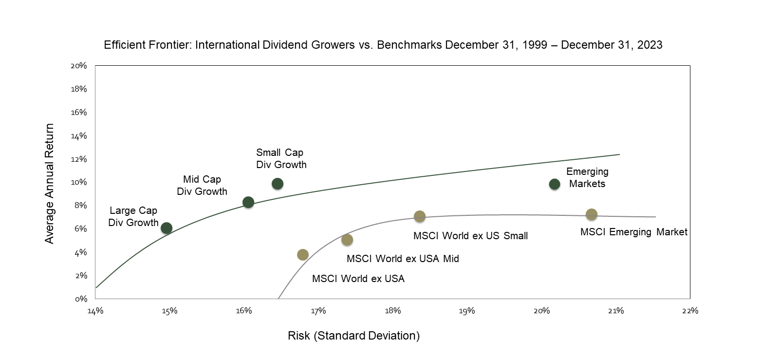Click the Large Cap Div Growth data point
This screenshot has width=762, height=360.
pos(167,228)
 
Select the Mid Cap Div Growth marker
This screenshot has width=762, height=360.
pos(248,202)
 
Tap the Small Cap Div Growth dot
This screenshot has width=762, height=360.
pos(278,184)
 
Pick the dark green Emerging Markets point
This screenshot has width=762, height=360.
pos(555,184)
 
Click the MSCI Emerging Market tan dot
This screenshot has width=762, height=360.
pos(592,214)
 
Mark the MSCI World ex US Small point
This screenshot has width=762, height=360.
pos(420,216)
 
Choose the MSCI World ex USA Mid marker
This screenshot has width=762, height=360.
pos(347,240)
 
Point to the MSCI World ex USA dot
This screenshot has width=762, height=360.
pos(303,255)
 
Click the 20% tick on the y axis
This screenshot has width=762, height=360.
pos(79,66)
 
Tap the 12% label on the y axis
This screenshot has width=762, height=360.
pos(79,159)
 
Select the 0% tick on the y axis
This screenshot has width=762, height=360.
pos(80,299)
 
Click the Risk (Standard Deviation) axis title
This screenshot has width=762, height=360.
pos(353,336)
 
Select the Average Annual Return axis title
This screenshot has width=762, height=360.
pos(49,183)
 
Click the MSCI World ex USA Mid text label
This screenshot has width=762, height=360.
pos(403,259)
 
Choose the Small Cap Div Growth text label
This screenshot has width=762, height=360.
pos(281,159)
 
